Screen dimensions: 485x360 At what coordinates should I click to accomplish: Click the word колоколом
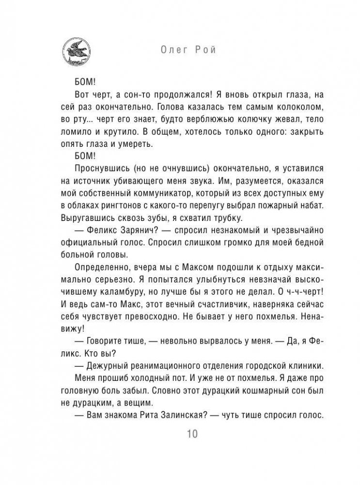coord(272,106)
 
